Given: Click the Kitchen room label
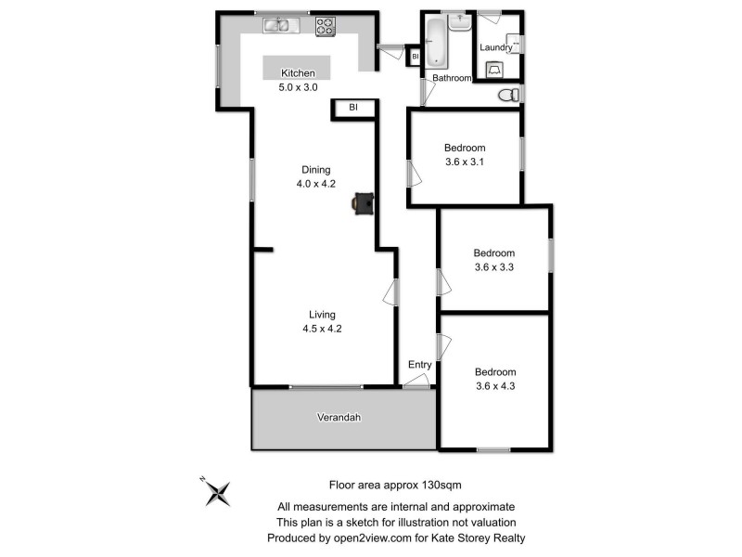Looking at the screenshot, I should pos(299,73).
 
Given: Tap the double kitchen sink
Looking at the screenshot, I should pos(276,25).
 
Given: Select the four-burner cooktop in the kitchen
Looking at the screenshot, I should pos(325,26).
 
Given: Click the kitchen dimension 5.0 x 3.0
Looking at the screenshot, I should pos(299,88).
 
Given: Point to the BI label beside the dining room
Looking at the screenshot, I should pos(353,109).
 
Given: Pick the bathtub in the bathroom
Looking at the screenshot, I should pos(437,42).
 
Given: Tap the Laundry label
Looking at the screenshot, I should pos(496,47).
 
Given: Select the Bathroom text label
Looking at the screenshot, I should pos(452,78).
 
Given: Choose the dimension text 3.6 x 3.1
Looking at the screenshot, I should pos(465,162).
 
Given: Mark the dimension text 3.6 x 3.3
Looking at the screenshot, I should pos(493,267).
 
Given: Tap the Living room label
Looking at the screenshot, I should pos(323,315).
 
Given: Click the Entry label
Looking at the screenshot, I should pos(420,365).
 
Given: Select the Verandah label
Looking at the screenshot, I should pos(337,418).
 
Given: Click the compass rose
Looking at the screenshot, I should pos(217,491).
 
